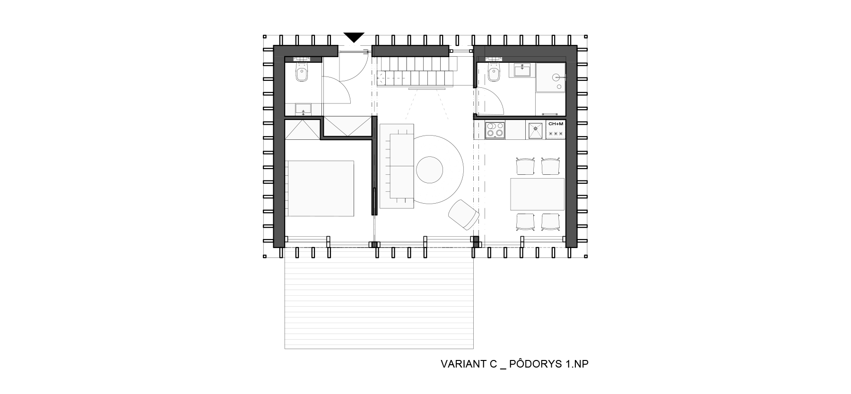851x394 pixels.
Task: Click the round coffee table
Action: [429, 170]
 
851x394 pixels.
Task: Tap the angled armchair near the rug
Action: [464, 215]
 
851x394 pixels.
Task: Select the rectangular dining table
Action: [537, 194]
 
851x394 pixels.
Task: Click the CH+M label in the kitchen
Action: [556, 124]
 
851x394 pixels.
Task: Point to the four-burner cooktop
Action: [495, 129]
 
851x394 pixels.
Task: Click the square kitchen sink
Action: [535, 129]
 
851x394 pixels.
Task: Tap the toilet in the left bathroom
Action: [302, 73]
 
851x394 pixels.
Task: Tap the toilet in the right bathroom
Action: [494, 74]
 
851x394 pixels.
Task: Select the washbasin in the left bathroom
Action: [303, 110]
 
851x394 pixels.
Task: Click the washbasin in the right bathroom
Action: [522, 70]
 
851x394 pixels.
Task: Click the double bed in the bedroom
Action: [320, 188]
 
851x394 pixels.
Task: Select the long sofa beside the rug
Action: [397, 166]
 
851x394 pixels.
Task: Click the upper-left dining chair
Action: [525, 167]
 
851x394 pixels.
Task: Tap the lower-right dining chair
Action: [550, 222]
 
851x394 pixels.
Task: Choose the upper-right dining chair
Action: [550, 167]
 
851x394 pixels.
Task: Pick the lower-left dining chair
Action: [525, 222]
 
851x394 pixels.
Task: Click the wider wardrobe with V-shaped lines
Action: [347, 127]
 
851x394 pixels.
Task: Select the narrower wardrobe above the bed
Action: [302, 129]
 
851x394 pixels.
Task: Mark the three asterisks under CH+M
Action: [556, 134]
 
